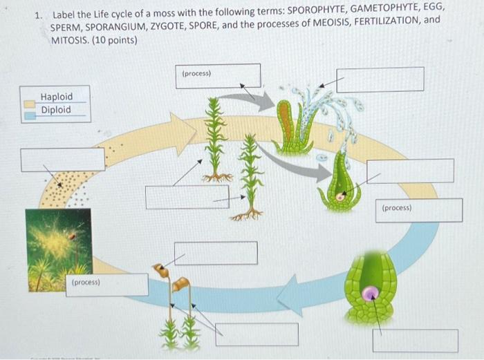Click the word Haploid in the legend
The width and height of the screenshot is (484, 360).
click(x=56, y=97)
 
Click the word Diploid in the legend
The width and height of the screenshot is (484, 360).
click(x=56, y=110)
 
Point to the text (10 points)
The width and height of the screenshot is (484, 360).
click(x=113, y=40)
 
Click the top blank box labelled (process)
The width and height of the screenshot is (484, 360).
click(x=218, y=76)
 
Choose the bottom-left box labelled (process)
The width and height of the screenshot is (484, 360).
click(x=107, y=285)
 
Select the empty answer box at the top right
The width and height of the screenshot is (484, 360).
click(x=380, y=79)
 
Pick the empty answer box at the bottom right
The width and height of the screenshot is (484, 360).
click(x=415, y=340)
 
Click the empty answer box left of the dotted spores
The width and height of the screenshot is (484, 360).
click(x=62, y=159)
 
